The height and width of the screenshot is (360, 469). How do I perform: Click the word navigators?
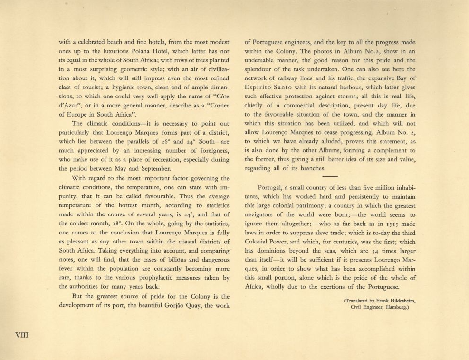pyautogui.click(x=264, y=214)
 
